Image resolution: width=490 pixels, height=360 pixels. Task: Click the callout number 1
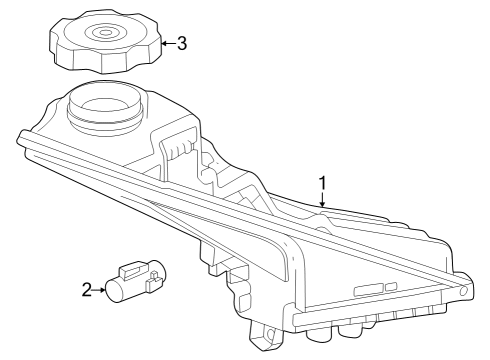[x=322, y=183]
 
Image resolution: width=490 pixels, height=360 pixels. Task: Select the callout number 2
[x=87, y=290]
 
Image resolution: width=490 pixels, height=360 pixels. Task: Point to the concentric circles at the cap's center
[x=104, y=32]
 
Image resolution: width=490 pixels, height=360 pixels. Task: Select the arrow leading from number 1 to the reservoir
[x=321, y=199]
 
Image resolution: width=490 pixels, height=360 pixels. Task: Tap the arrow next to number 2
[x=101, y=290]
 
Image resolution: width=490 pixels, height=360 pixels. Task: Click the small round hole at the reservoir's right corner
[x=463, y=290]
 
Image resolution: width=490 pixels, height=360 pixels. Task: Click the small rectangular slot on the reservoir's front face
[x=367, y=289]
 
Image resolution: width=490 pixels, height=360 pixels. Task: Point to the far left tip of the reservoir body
[x=23, y=134]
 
